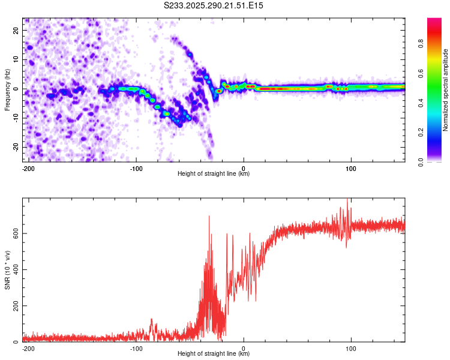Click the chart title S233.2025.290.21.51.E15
point(214,5)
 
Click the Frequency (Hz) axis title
point(7,89)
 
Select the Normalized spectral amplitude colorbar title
point(446,90)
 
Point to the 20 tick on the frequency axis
point(16,30)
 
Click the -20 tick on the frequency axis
point(14,147)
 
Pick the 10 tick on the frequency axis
point(16,59)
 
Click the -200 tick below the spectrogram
point(28,168)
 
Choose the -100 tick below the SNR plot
point(136,348)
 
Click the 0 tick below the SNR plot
point(244,348)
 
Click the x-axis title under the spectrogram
point(214,174)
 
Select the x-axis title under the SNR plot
point(214,354)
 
